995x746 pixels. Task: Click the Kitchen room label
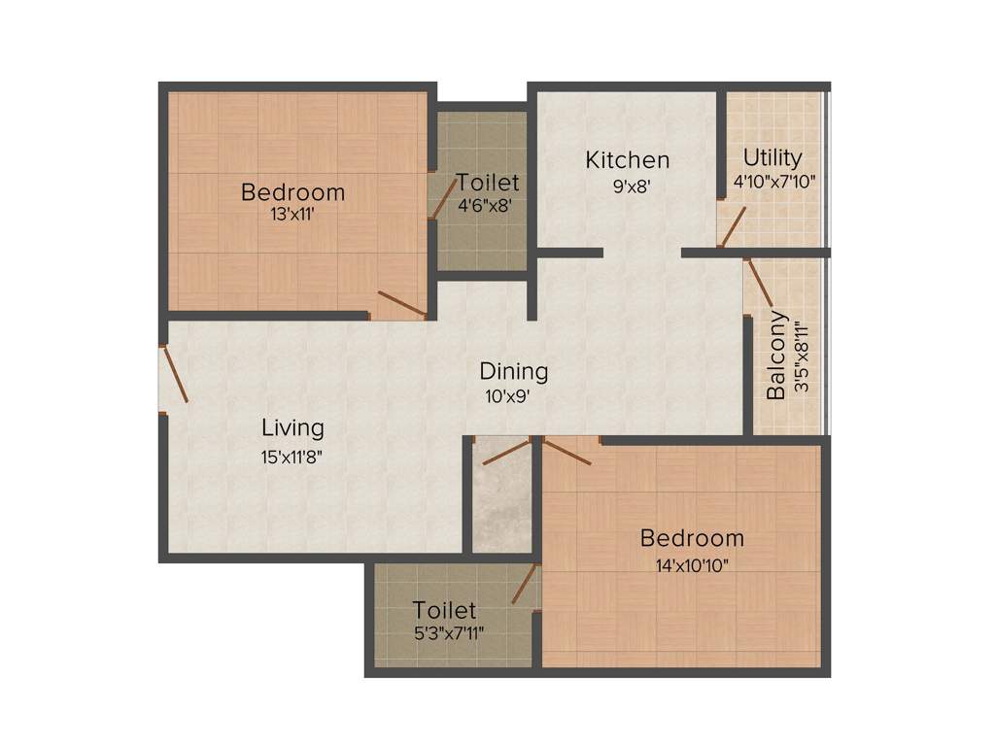point(627,160)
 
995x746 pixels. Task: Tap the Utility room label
point(772,157)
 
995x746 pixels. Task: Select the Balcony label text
point(776,356)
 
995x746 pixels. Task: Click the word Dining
point(514,371)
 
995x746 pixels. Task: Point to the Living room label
point(292,427)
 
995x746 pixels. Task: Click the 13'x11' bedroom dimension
point(292,215)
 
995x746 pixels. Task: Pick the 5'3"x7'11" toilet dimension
point(444,632)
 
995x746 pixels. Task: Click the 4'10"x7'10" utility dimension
point(773,181)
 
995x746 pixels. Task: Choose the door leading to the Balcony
point(759,283)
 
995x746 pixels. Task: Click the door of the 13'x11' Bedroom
point(401,304)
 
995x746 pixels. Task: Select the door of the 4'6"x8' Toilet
point(443,196)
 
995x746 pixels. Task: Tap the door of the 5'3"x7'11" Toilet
point(524,584)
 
